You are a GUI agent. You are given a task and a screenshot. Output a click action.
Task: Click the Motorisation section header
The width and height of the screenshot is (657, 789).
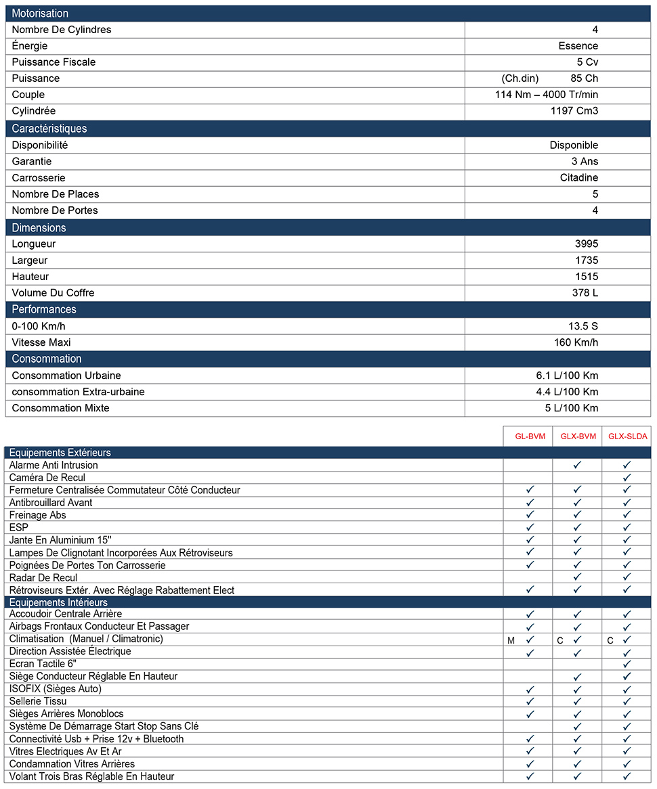coord(40,14)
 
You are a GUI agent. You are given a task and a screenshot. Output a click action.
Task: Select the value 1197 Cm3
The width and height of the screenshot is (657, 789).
coord(574,111)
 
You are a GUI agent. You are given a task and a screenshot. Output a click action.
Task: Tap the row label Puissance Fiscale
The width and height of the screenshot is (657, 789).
coord(54,62)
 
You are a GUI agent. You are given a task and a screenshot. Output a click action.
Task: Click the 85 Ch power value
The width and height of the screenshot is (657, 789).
coord(585,78)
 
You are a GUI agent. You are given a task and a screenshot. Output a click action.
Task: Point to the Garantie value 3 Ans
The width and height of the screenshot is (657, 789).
coord(585,162)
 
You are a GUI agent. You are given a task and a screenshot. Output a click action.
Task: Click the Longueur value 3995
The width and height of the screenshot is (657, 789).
coord(585,244)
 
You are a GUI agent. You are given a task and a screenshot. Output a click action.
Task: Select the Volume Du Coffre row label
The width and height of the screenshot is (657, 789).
coord(53,293)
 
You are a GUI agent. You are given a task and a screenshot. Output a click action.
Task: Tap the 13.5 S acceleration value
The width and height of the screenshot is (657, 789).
coord(583,326)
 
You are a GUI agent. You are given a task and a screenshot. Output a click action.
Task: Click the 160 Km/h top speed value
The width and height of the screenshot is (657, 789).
coord(576,342)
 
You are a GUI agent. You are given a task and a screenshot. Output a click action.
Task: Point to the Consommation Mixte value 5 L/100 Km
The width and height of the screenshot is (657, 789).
coord(572,408)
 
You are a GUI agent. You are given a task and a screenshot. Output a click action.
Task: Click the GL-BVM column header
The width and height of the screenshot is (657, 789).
coord(530,436)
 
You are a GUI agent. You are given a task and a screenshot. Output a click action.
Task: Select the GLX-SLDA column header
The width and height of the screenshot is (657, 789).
coord(627,436)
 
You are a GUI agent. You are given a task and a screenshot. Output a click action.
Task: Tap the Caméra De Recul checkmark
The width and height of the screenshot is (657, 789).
coord(627,478)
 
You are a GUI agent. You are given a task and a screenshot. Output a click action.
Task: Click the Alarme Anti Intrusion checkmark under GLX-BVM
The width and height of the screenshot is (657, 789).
coord(577,465)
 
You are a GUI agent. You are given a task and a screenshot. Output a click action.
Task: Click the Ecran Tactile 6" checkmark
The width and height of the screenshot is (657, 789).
coord(627,664)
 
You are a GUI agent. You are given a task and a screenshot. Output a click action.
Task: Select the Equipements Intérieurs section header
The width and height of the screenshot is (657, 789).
coord(58,602)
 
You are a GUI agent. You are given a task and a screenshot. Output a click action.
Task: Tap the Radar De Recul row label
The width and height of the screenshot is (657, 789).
coord(43,578)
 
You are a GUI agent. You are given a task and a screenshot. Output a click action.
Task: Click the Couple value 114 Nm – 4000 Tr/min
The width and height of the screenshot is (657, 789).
coord(547,95)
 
